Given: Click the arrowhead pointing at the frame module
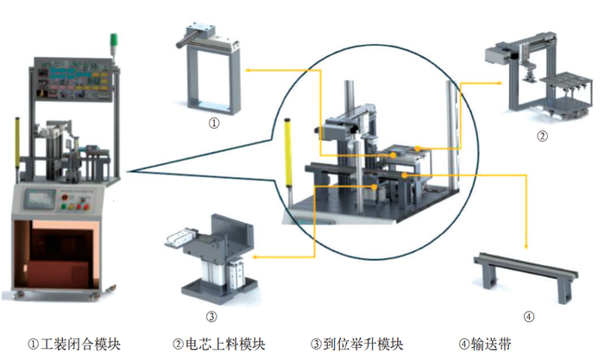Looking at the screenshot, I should [246, 65].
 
